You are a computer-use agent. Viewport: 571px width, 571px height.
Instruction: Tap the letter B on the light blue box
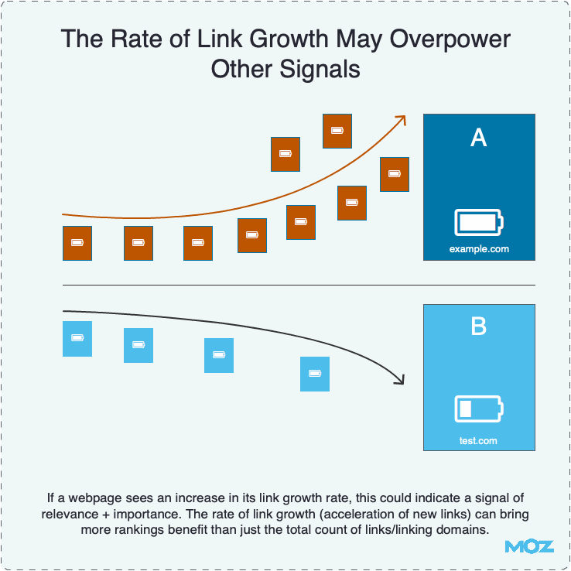pyautogui.click(x=479, y=327)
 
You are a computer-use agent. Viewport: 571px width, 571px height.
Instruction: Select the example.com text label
pyautogui.click(x=479, y=249)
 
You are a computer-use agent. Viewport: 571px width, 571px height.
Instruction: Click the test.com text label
pyautogui.click(x=479, y=441)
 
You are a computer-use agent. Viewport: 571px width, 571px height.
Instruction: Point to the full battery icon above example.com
pyautogui.click(x=479, y=223)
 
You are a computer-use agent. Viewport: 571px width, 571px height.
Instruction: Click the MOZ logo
pyautogui.click(x=529, y=546)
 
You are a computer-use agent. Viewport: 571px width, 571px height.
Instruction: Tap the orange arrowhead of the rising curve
pyautogui.click(x=401, y=118)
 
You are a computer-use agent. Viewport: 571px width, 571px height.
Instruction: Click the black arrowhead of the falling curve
pyautogui.click(x=399, y=379)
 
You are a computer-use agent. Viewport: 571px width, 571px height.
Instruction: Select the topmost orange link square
pyautogui.click(x=337, y=131)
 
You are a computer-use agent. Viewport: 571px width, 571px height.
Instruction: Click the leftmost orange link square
pyautogui.click(x=77, y=243)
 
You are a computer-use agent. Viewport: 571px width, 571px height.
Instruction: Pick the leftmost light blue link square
pyautogui.click(x=77, y=339)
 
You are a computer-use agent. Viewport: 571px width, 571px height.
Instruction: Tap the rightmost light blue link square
pyautogui.click(x=315, y=374)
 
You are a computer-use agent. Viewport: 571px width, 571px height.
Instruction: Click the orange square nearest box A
pyautogui.click(x=395, y=174)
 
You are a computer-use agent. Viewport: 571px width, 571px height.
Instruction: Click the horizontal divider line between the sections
pyautogui.click(x=299, y=285)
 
